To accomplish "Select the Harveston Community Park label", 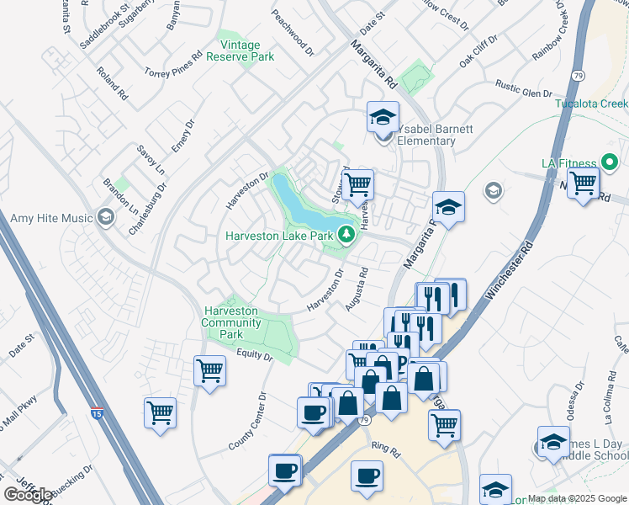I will click(230, 322).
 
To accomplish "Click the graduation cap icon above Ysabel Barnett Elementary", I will click(383, 117).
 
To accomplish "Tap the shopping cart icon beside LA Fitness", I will click(583, 182).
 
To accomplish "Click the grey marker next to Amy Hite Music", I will click(105, 218).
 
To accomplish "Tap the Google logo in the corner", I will click(28, 495).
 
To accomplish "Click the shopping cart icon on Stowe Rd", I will click(358, 183).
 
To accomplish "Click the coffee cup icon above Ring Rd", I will click(367, 476).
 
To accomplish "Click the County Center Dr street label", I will click(247, 421).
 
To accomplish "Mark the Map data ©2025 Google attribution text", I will click(577, 498).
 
